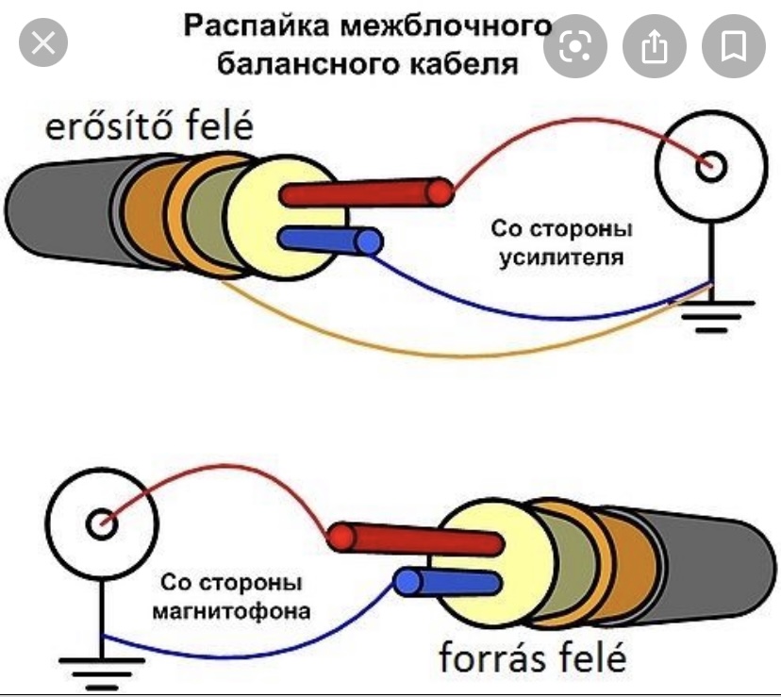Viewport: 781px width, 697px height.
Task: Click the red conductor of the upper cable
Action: click(x=368, y=193)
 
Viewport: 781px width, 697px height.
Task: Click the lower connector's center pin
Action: click(x=96, y=522)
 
